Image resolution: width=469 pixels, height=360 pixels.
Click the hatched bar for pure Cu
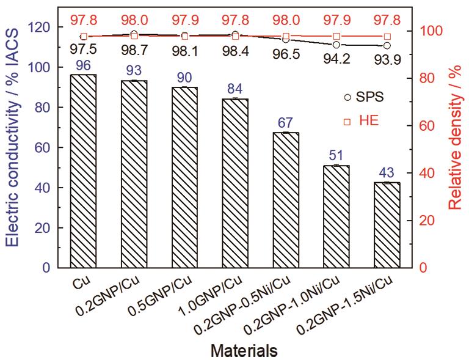84,171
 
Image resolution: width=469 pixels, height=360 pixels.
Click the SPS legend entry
366,97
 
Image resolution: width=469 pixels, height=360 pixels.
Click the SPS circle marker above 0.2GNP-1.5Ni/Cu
387,46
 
